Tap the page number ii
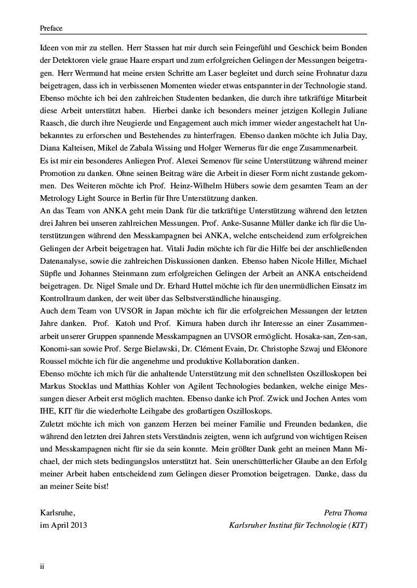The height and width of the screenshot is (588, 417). [43, 566]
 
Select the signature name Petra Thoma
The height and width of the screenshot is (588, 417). [345, 513]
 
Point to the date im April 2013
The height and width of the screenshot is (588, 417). [63, 525]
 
